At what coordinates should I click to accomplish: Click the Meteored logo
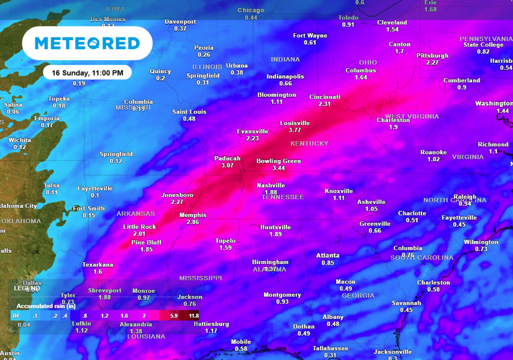coord(87,43)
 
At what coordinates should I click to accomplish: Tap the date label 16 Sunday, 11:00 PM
coord(87,73)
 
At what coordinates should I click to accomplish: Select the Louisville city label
coord(295,123)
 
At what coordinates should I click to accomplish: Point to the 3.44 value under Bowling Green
coord(279,168)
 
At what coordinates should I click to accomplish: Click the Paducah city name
coord(227,158)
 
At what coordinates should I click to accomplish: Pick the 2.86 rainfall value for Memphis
coord(193,222)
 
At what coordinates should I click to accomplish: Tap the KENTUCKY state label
coord(309,143)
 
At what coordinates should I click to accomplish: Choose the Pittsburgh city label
coord(432,55)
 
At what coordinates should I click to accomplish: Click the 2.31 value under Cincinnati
coord(325,104)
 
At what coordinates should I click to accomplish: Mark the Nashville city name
coord(271,185)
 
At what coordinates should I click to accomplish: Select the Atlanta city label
coord(328,255)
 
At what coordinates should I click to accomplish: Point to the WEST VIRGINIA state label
coord(412,117)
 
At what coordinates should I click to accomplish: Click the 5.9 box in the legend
coord(174,316)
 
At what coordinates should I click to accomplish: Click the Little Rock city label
coord(139,227)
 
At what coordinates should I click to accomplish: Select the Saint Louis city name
coord(189,112)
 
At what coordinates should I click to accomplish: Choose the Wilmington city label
coord(481,242)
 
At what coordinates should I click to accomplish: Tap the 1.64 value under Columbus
coord(361,77)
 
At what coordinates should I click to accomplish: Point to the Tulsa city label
coord(52,185)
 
